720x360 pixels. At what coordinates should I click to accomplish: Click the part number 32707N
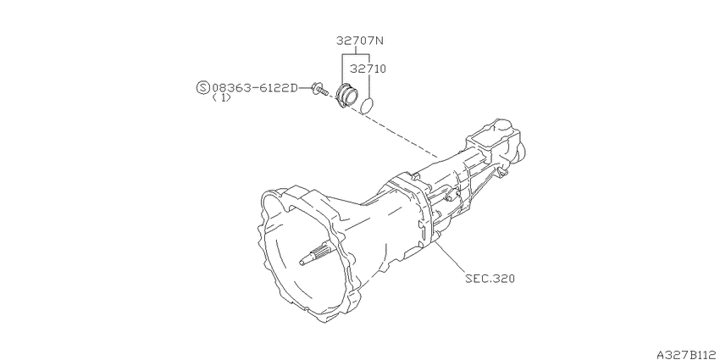pos(359,41)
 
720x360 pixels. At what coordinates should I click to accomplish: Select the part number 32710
pos(368,69)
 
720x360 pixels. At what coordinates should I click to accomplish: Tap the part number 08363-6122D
pos(255,87)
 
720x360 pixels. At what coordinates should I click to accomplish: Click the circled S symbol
pos(203,87)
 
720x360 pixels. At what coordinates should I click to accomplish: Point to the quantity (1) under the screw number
pos(221,97)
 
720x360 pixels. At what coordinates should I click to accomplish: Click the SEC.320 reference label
pos(490,279)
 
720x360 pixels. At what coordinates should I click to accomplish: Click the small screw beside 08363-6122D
pos(318,89)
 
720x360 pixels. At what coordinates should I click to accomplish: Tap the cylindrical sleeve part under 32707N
pos(346,97)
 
